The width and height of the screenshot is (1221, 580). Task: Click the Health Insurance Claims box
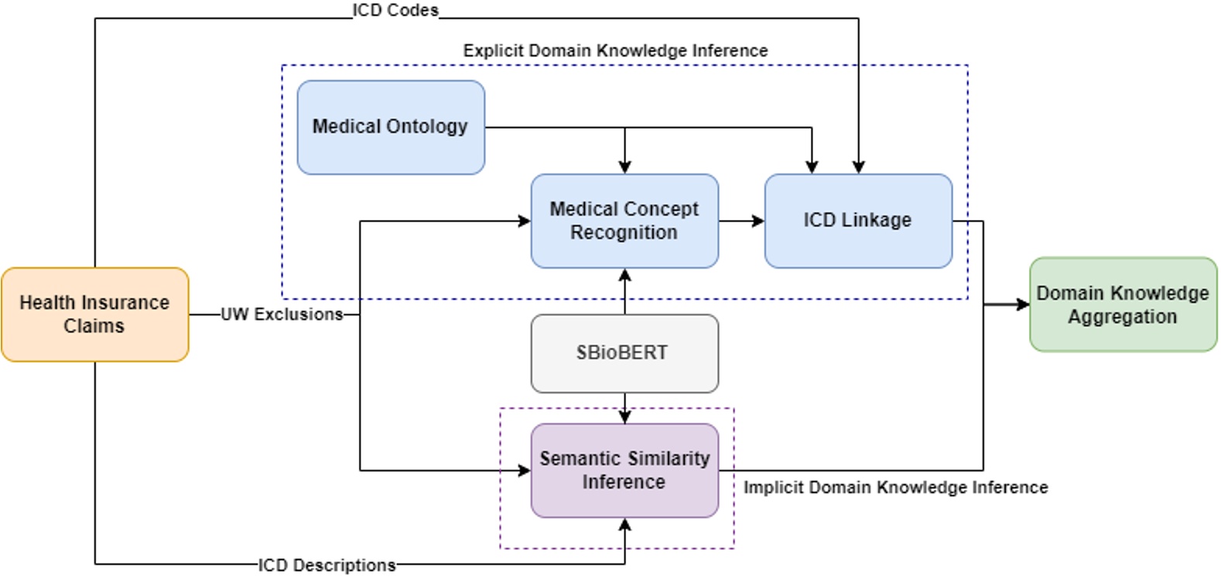click(94, 314)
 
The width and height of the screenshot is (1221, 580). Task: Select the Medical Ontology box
click(391, 127)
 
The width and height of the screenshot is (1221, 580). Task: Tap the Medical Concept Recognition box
click(624, 221)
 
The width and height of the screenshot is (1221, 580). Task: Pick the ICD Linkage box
click(858, 221)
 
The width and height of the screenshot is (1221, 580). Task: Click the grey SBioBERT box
click(624, 353)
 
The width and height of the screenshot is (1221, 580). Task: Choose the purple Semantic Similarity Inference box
click(624, 470)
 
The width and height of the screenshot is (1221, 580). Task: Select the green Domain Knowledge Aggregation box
click(1123, 304)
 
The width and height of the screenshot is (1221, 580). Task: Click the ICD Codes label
click(395, 10)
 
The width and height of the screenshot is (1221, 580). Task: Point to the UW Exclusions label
click(282, 314)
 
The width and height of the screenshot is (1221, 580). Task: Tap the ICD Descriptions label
click(327, 565)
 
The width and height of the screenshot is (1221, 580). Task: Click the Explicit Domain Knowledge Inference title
click(615, 51)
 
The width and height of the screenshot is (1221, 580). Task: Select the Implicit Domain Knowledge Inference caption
click(895, 488)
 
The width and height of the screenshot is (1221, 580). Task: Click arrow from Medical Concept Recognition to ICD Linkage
click(741, 221)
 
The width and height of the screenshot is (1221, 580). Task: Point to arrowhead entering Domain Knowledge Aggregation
click(1023, 304)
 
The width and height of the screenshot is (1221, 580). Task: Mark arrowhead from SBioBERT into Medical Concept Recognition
click(625, 275)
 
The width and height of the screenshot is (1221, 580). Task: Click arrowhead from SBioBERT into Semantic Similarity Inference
click(625, 417)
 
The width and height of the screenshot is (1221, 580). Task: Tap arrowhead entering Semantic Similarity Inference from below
click(625, 525)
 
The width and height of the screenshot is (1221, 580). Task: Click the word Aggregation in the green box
click(1123, 317)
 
